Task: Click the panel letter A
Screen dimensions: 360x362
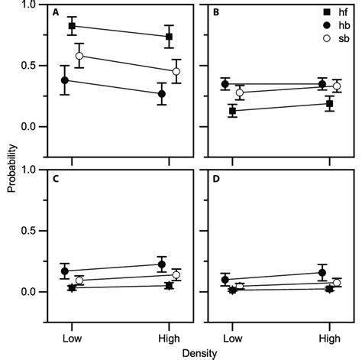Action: pos(56,13)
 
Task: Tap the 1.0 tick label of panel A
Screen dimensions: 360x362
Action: pos(28,5)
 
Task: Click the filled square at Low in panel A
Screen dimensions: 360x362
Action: pos(72,26)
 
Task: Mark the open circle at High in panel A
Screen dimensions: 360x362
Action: pos(176,71)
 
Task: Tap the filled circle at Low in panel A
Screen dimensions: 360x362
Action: pos(65,80)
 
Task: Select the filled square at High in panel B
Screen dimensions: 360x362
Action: pos(329,103)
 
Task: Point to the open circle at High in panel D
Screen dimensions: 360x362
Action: pos(337,283)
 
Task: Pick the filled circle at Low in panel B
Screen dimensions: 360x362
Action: pos(225,84)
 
